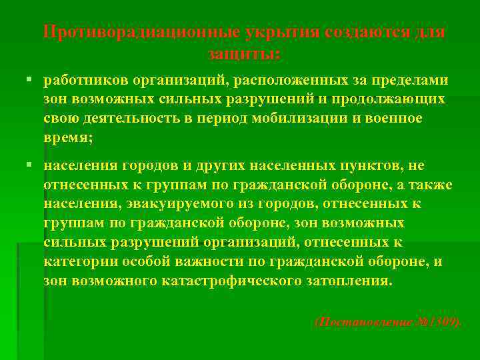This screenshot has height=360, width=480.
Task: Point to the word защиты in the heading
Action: (x=243, y=52)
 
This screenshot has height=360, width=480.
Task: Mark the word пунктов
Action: (x=374, y=165)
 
